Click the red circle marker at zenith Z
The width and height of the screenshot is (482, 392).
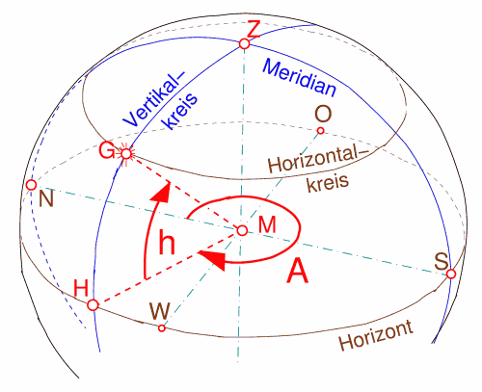pyautogui.click(x=245, y=43)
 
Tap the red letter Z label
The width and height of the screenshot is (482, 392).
pyautogui.click(x=254, y=30)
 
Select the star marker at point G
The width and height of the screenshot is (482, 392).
pyautogui.click(x=126, y=154)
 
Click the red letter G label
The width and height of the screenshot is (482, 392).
pyautogui.click(x=107, y=150)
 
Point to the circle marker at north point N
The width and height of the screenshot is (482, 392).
pyautogui.click(x=31, y=185)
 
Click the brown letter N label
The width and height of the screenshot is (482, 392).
pyautogui.click(x=46, y=198)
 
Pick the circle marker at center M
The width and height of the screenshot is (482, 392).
pyautogui.click(x=242, y=230)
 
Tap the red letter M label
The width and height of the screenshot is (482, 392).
pyautogui.click(x=267, y=224)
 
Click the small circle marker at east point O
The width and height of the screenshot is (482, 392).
pyautogui.click(x=320, y=131)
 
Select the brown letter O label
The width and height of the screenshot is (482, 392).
pyautogui.click(x=323, y=114)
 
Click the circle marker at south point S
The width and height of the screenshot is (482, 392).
pyautogui.click(x=451, y=274)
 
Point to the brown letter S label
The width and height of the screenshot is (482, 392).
pyautogui.click(x=442, y=261)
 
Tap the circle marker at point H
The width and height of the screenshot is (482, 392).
pyautogui.click(x=93, y=304)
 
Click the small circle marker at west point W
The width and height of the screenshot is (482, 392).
pyautogui.click(x=162, y=328)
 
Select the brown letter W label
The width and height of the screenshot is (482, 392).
pyautogui.click(x=159, y=311)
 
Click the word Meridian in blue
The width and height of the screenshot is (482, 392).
pyautogui.click(x=300, y=78)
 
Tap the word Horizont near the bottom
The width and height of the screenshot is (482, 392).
pyautogui.click(x=376, y=336)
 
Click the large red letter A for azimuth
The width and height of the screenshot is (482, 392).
pyautogui.click(x=298, y=271)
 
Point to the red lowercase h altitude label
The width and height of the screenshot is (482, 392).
pyautogui.click(x=167, y=243)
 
